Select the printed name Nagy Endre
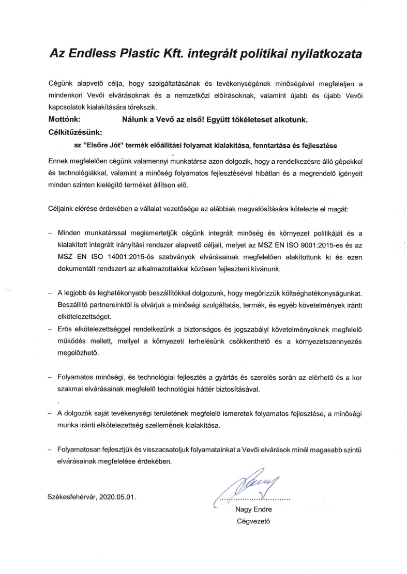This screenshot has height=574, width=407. point(253,509)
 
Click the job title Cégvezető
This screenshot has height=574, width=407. point(253,521)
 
